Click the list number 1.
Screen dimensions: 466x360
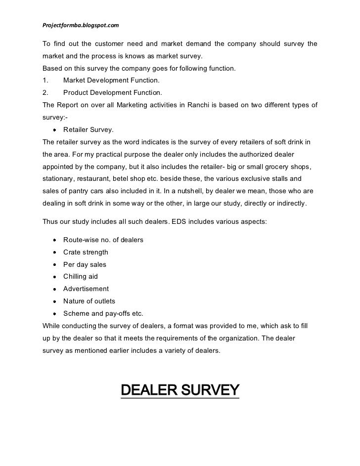pos(45,80)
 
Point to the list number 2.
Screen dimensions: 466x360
pos(45,92)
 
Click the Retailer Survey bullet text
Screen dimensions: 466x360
pos(88,130)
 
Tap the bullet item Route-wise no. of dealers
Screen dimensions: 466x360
pos(103,240)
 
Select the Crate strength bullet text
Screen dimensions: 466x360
pos(86,253)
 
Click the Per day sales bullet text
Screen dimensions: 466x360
pos(85,264)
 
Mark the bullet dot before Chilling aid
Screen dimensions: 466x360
pos(53,277)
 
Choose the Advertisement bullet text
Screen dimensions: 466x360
pos(86,289)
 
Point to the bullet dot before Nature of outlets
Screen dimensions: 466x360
pos(53,301)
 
